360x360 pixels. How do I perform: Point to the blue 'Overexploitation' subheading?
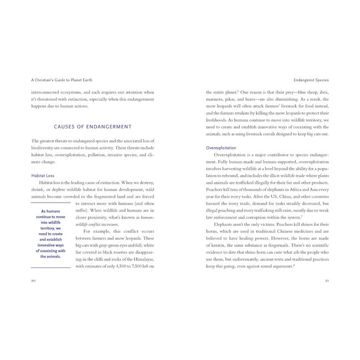pyautogui.click(x=222, y=148)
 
